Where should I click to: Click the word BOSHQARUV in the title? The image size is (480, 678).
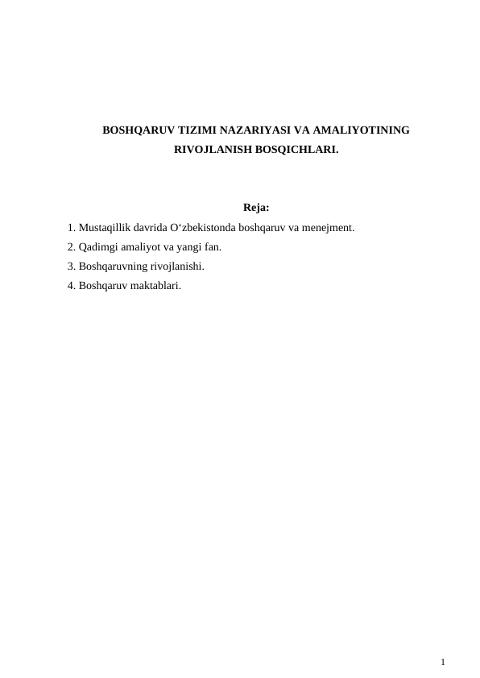point(134,130)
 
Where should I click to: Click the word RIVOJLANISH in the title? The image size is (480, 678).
point(209,149)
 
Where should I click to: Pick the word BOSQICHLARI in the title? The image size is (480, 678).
point(292,149)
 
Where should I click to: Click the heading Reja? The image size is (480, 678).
point(255,210)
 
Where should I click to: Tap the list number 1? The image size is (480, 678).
point(72,228)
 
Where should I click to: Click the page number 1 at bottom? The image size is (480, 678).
point(443,662)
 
